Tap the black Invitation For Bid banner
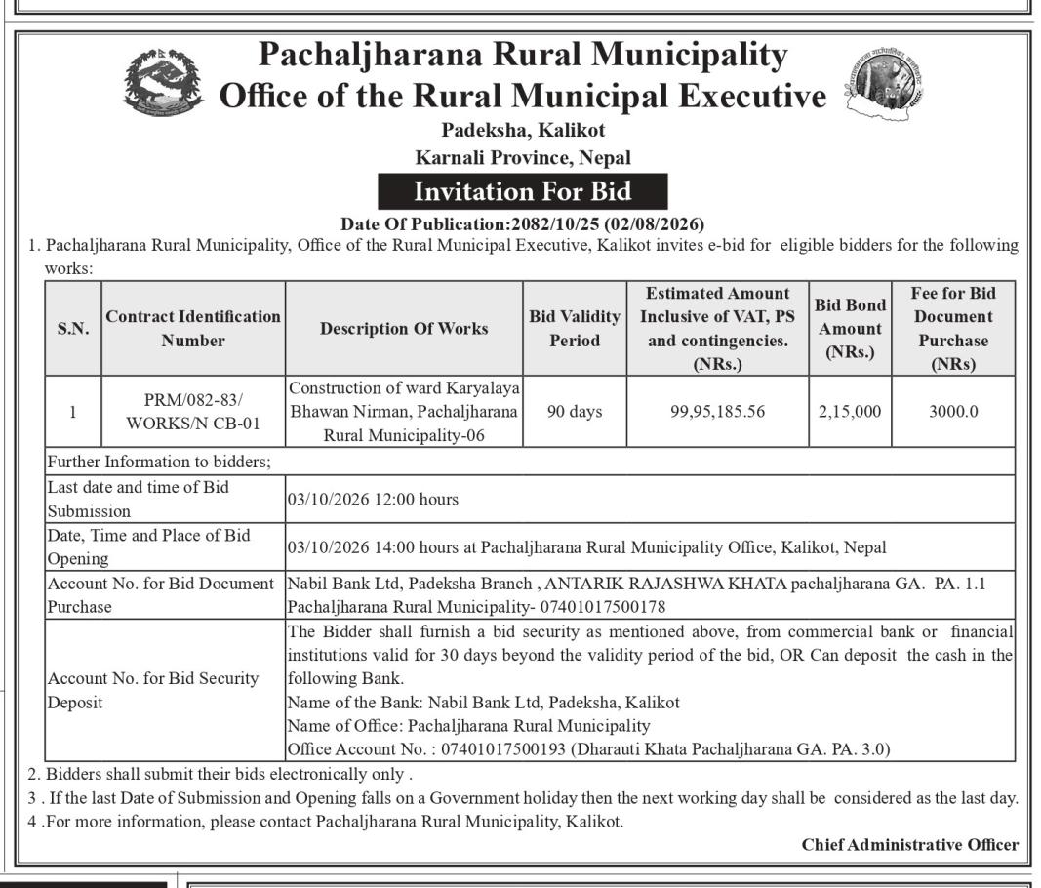pyautogui.click(x=522, y=190)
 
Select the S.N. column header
pyautogui.click(x=72, y=329)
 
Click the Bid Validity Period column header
pyautogui.click(x=575, y=329)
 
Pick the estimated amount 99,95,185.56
pyautogui.click(x=718, y=412)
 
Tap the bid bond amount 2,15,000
pyautogui.click(x=850, y=412)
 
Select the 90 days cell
pyautogui.click(x=575, y=412)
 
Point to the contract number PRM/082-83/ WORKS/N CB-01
pyautogui.click(x=193, y=412)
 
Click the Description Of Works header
pyautogui.click(x=404, y=329)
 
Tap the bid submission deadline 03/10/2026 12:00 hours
pyautogui.click(x=373, y=500)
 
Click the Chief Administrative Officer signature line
pyautogui.click(x=909, y=844)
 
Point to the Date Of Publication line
pyautogui.click(x=522, y=223)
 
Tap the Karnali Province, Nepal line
pyautogui.click(x=522, y=157)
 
